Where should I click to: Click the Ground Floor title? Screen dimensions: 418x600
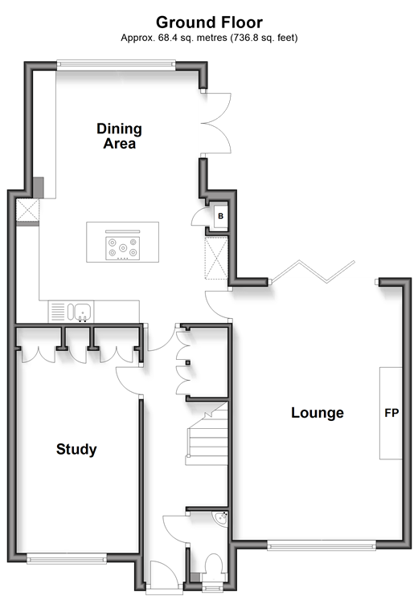pyautogui.click(x=209, y=22)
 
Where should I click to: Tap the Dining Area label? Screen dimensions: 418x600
pyautogui.click(x=119, y=136)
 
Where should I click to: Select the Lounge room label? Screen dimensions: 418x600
pyautogui.click(x=318, y=413)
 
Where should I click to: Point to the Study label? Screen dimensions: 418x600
pyautogui.click(x=76, y=449)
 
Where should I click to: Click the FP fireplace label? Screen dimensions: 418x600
pyautogui.click(x=391, y=413)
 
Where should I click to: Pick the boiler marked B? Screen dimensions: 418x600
pyautogui.click(x=220, y=216)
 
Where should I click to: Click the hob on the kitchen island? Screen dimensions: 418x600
pyautogui.click(x=122, y=247)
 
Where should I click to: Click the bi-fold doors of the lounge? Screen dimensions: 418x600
pyautogui.click(x=313, y=272)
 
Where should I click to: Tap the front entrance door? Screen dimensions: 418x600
pyautogui.click(x=165, y=574)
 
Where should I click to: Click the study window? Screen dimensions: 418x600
pyautogui.click(x=67, y=560)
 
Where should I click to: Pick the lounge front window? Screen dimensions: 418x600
pyautogui.click(x=322, y=545)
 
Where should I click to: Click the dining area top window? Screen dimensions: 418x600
pyautogui.click(x=117, y=65)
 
